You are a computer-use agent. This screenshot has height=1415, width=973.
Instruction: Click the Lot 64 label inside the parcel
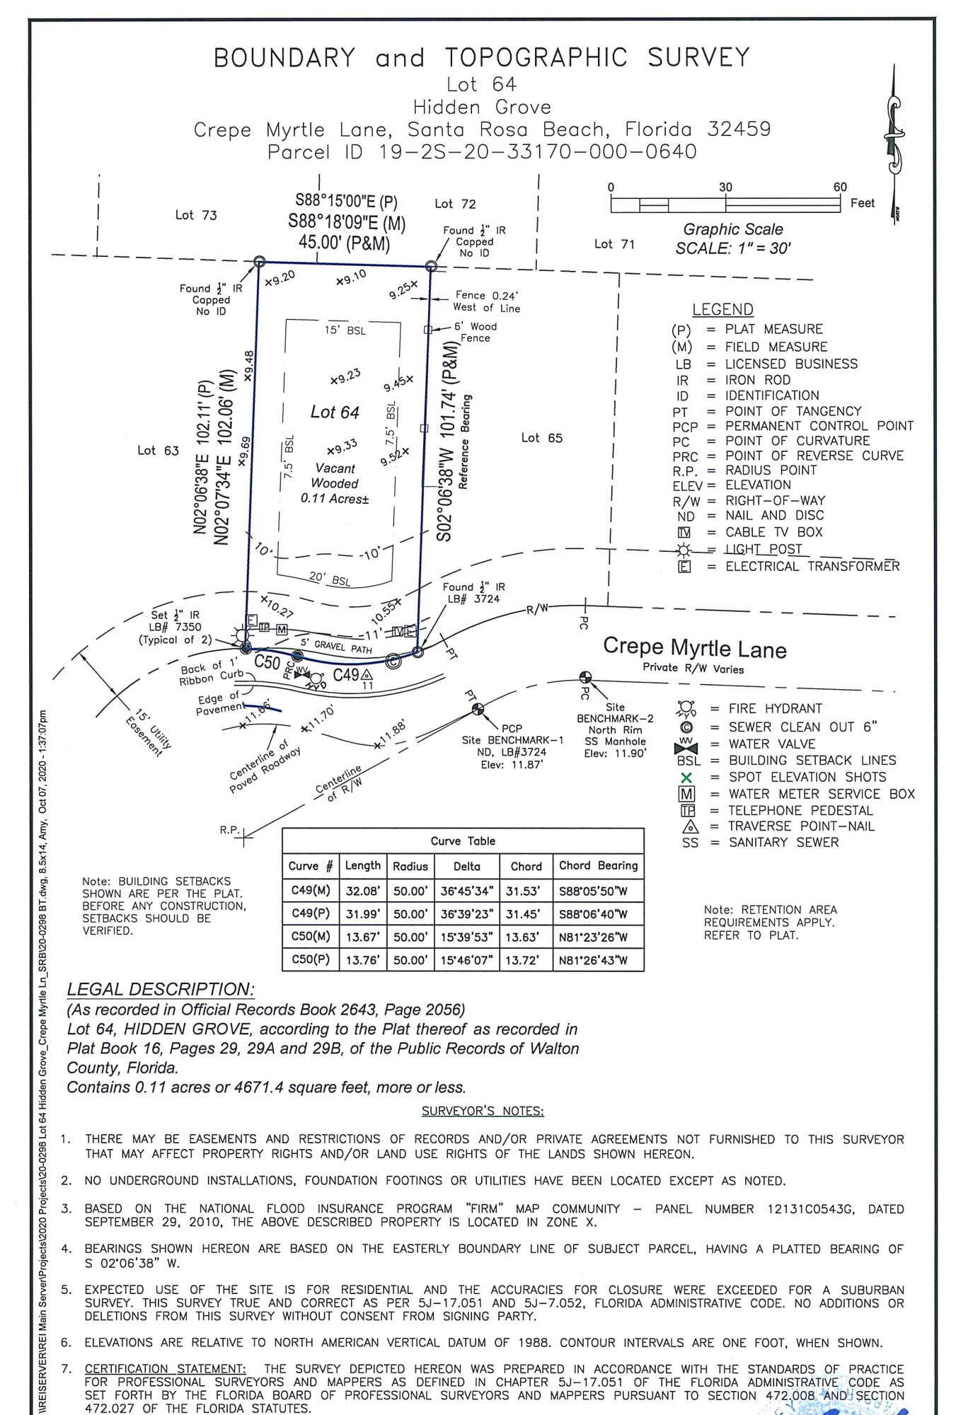(335, 412)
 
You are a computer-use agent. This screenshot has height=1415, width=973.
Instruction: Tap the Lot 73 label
(196, 215)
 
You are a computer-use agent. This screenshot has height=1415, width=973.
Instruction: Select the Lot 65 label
(541, 438)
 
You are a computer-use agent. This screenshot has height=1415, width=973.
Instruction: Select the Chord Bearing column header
(598, 865)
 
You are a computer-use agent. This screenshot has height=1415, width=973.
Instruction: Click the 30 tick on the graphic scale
(725, 187)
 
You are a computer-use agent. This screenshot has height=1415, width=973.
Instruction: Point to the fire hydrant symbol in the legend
(685, 708)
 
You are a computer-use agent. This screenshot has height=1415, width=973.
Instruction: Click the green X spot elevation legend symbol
(685, 778)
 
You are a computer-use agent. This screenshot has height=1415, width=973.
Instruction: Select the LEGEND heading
(722, 309)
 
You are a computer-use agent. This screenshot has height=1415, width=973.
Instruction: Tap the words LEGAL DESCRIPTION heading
(161, 989)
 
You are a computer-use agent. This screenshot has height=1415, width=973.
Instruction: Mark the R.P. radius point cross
(245, 839)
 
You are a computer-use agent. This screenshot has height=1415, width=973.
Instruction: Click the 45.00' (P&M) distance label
(344, 243)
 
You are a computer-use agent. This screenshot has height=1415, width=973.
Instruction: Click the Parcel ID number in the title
(538, 151)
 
